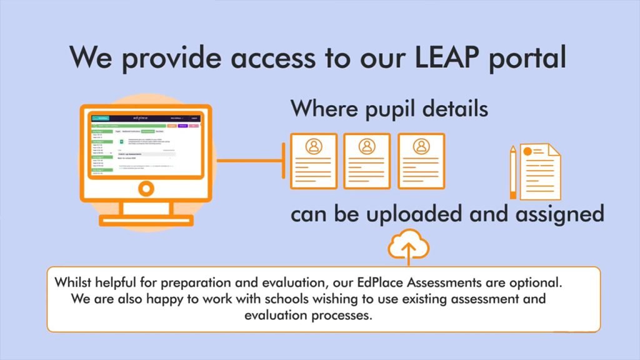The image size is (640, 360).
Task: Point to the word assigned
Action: coord(557,214)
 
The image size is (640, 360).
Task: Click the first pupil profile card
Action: coord(313,161)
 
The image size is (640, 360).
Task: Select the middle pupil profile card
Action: coord(367,161)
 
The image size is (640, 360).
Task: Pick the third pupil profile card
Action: coord(421,161)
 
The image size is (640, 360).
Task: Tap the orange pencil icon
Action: coord(513,172)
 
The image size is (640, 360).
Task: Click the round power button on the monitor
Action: coord(146,187)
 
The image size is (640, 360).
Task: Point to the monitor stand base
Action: coord(146,219)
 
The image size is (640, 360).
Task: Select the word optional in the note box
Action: coord(541,282)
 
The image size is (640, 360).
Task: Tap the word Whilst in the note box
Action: coord(72,282)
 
